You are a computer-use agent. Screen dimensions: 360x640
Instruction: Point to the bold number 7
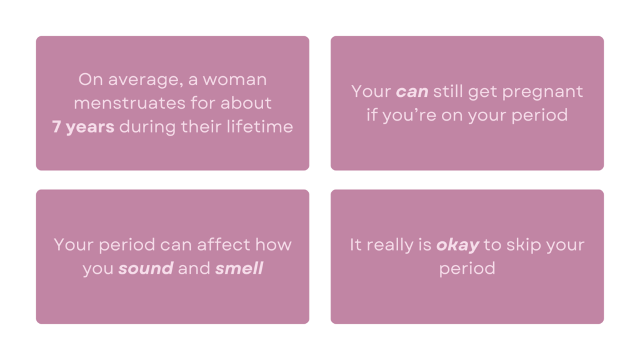(56, 127)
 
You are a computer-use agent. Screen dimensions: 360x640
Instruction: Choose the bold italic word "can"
(412, 92)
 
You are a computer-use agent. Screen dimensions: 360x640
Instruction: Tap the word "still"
(451, 92)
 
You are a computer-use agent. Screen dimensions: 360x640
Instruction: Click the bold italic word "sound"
(146, 269)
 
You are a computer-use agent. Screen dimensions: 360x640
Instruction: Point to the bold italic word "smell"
(239, 269)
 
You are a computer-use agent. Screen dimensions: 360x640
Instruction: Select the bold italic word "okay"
(457, 245)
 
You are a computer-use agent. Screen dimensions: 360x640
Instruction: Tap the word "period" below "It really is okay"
(467, 269)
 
